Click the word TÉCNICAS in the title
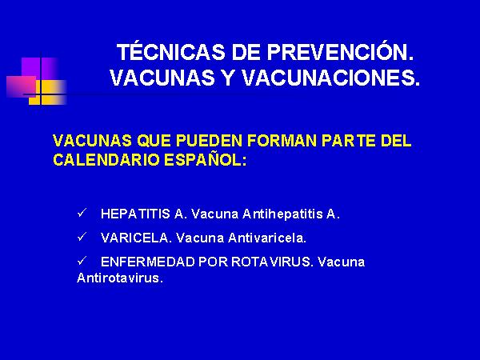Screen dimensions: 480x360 tap(171, 51)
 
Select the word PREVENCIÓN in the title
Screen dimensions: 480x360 tap(340, 51)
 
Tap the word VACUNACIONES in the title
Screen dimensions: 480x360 tap(330, 78)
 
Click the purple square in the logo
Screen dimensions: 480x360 tap(40, 67)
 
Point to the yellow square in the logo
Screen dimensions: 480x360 tap(47, 93)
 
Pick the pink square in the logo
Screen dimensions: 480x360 tap(22, 86)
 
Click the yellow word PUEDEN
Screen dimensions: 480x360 tap(209, 141)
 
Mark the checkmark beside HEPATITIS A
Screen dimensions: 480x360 tap(82, 213)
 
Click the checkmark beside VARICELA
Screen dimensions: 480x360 tap(82, 236)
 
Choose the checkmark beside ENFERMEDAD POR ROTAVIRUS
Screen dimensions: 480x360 tap(82, 261)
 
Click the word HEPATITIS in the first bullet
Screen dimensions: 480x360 tap(135, 214)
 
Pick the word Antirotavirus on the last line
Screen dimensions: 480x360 tap(120, 278)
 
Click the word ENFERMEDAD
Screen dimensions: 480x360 tap(147, 262)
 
